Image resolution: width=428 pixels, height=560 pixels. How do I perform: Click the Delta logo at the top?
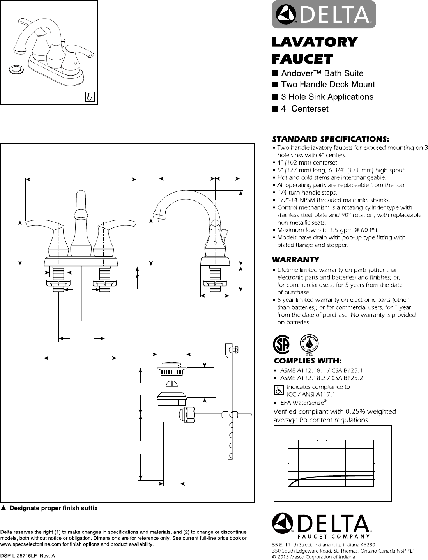[324, 15]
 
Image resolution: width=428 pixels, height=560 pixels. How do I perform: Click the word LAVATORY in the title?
[314, 42]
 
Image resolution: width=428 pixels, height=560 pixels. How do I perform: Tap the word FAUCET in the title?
[302, 59]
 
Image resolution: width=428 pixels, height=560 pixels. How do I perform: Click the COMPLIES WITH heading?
[308, 361]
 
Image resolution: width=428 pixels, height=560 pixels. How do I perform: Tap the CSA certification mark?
[280, 344]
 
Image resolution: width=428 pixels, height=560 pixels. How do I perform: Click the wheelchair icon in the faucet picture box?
[90, 97]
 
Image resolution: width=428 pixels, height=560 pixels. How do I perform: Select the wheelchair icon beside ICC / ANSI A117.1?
[279, 390]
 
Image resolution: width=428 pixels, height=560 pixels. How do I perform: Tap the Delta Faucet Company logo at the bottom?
[322, 524]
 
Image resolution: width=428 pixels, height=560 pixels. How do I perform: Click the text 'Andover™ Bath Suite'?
[322, 73]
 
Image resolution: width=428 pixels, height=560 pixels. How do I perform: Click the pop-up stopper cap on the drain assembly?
[171, 365]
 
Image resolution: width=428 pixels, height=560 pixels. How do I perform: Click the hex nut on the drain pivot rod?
[189, 413]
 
